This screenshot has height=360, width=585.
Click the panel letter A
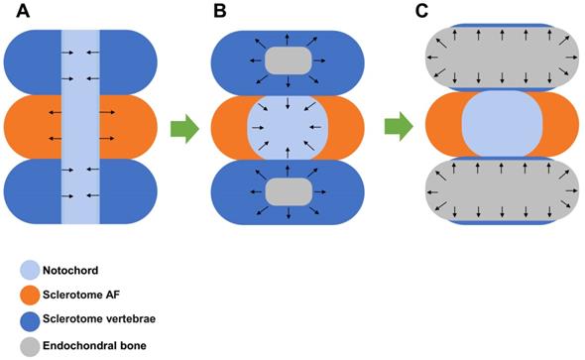[x=23, y=11]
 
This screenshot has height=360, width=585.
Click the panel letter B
[x=220, y=11]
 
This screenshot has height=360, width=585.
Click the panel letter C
[x=421, y=11]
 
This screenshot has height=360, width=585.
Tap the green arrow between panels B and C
[x=399, y=127]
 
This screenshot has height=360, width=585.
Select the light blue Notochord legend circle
[x=30, y=270]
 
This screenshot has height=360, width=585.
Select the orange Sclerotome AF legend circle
[x=30, y=296]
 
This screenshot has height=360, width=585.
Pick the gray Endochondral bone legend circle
[x=30, y=346]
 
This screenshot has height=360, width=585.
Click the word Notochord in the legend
[x=70, y=270]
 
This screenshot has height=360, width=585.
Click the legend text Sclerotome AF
[x=81, y=295]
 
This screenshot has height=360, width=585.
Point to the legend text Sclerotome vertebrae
[x=99, y=319]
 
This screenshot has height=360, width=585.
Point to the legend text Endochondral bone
[x=94, y=345]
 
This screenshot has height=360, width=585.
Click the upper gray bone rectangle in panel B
[x=288, y=60]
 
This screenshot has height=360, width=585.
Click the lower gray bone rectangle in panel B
[x=288, y=191]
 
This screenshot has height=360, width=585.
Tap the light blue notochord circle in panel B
[x=288, y=128]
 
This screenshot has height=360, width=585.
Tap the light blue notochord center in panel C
[x=502, y=124]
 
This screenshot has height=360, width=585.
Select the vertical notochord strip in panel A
[x=80, y=127]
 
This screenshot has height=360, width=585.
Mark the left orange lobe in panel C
[x=444, y=124]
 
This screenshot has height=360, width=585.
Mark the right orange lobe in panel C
[x=559, y=124]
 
